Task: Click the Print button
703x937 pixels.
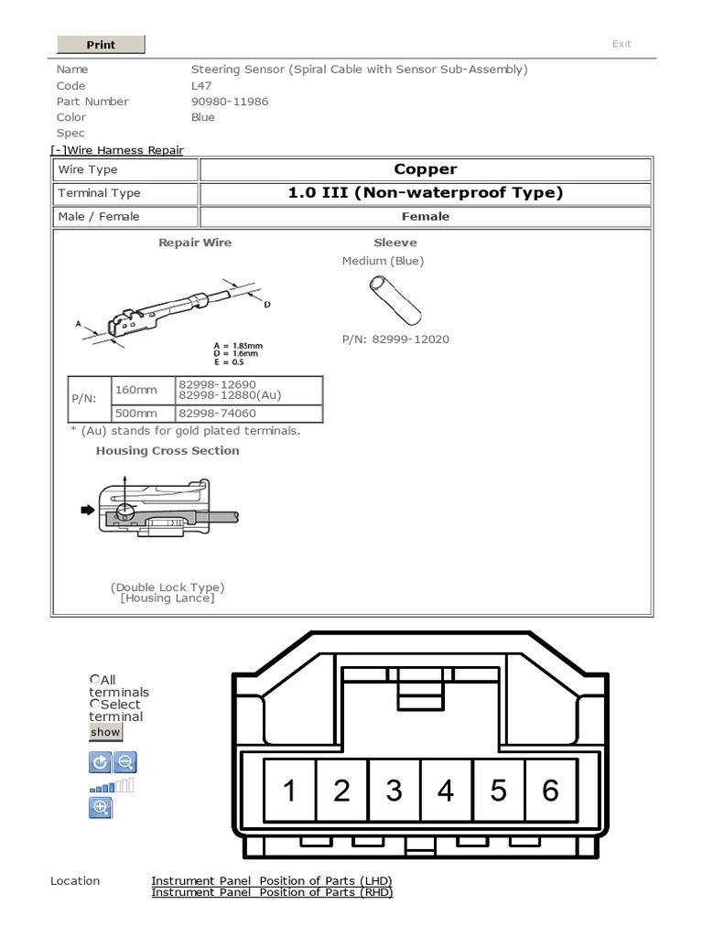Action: [101, 45]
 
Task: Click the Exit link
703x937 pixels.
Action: [622, 44]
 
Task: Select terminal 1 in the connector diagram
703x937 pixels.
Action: [289, 790]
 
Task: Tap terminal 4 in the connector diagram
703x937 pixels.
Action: [446, 790]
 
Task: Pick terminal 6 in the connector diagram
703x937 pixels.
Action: [550, 790]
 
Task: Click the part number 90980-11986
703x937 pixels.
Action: [230, 102]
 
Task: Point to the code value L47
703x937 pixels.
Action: [201, 86]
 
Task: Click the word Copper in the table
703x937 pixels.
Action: [425, 169]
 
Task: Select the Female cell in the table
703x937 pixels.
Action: [425, 217]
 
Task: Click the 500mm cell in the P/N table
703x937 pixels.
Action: [135, 414]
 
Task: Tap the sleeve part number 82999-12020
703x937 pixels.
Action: [395, 339]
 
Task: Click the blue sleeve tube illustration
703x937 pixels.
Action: [395, 299]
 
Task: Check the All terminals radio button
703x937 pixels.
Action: [94, 679]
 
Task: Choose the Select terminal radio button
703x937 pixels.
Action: [94, 704]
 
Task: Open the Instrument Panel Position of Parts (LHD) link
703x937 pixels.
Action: [271, 881]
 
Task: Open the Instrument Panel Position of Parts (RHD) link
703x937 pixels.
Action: [271, 893]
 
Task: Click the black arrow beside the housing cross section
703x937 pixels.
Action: [88, 511]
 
